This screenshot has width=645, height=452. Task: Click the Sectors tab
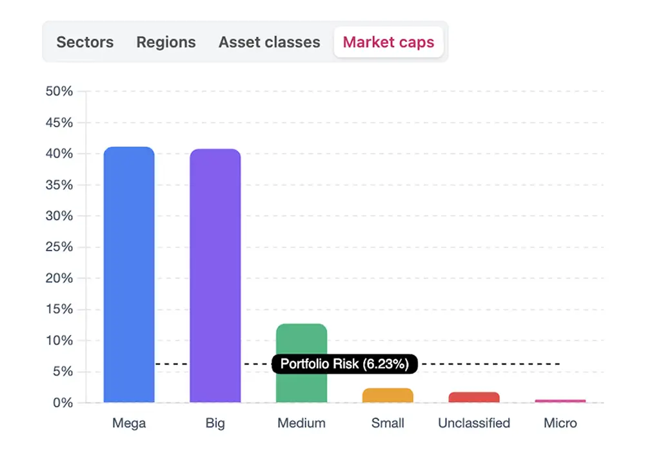pyautogui.click(x=84, y=43)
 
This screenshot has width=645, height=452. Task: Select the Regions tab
pyautogui.click(x=166, y=43)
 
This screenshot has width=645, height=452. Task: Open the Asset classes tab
pyautogui.click(x=269, y=43)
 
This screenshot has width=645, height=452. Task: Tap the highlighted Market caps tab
pyautogui.click(x=388, y=43)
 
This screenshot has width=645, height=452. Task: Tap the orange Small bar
pyautogui.click(x=388, y=395)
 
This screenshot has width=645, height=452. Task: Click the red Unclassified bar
pyautogui.click(x=474, y=397)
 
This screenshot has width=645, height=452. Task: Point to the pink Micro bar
pyautogui.click(x=560, y=401)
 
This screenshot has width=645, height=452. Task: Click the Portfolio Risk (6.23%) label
pyautogui.click(x=344, y=364)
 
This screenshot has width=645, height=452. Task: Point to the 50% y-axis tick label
pyautogui.click(x=59, y=92)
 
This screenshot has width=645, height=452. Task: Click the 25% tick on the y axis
pyautogui.click(x=59, y=247)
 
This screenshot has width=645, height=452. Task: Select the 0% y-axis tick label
pyautogui.click(x=63, y=403)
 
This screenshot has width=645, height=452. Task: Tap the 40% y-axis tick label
pyautogui.click(x=59, y=154)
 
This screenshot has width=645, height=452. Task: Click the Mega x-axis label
pyautogui.click(x=129, y=424)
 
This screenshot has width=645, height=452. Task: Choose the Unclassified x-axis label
pyautogui.click(x=474, y=424)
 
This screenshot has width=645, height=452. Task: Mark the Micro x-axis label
pyautogui.click(x=560, y=424)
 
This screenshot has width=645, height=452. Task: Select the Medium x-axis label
pyautogui.click(x=301, y=424)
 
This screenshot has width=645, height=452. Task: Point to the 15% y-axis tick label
pyautogui.click(x=59, y=309)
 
